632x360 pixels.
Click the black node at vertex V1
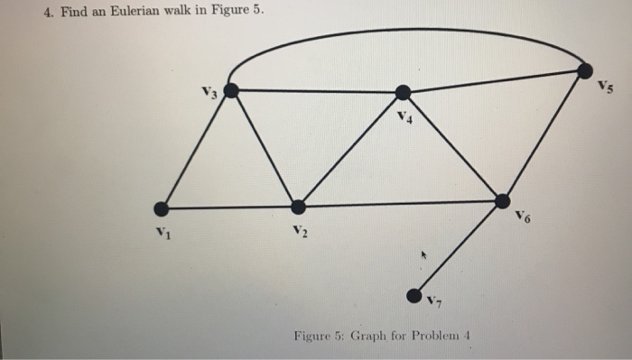[162, 209]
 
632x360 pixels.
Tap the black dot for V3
[231, 90]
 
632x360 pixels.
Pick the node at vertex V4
[404, 92]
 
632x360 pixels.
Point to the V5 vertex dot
[586, 69]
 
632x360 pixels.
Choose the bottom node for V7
[414, 295]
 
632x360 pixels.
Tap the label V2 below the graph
[300, 233]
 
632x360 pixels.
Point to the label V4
[404, 118]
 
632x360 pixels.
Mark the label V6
[523, 217]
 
